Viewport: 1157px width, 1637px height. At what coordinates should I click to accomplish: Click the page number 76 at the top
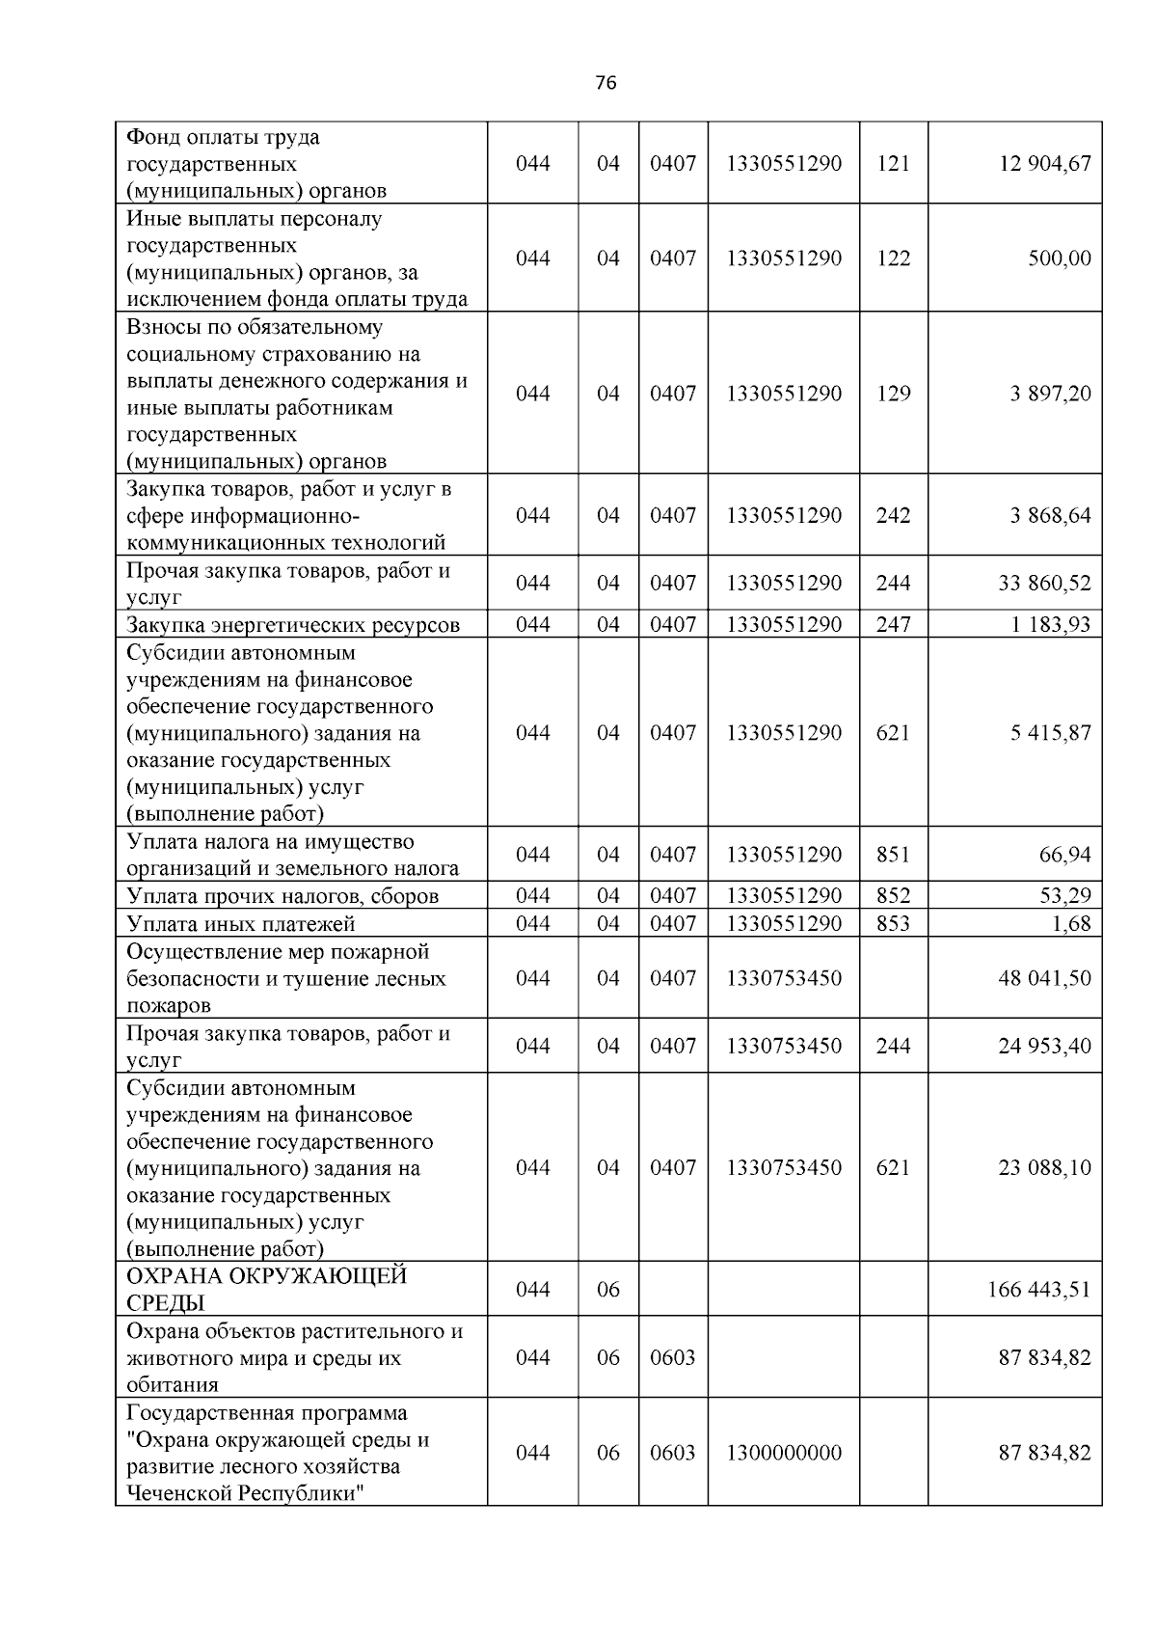pyautogui.click(x=605, y=83)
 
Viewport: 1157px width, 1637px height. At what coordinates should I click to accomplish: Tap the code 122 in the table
pyautogui.click(x=893, y=259)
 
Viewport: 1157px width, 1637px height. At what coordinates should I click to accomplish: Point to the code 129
pyautogui.click(x=893, y=394)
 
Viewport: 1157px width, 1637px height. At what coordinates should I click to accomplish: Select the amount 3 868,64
pyautogui.click(x=1050, y=515)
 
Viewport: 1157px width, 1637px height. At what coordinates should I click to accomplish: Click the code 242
pyautogui.click(x=893, y=515)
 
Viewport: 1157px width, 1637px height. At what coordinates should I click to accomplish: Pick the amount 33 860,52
pyautogui.click(x=1045, y=583)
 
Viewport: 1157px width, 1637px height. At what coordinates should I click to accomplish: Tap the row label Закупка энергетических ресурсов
pyautogui.click(x=293, y=625)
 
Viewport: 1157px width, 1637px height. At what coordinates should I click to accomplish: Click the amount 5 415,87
pyautogui.click(x=1050, y=733)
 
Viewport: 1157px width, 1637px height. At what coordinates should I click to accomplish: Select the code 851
pyautogui.click(x=893, y=855)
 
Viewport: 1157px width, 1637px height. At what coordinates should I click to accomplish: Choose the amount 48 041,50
pyautogui.click(x=1045, y=978)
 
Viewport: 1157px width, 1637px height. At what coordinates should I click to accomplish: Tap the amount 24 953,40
pyautogui.click(x=1045, y=1046)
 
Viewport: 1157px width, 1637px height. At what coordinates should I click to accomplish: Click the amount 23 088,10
pyautogui.click(x=1045, y=1167)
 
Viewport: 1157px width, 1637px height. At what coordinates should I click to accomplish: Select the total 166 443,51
pyautogui.click(x=1039, y=1290)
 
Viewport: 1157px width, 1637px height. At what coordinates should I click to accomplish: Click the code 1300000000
pyautogui.click(x=784, y=1453)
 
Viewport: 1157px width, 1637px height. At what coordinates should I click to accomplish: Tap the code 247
pyautogui.click(x=893, y=625)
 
